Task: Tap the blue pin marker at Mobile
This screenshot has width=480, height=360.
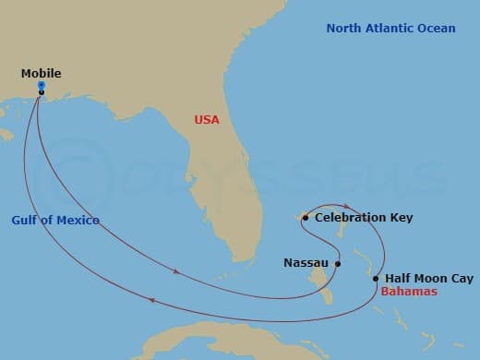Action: click(x=42, y=85)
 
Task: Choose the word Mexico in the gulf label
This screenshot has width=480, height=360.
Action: click(x=78, y=220)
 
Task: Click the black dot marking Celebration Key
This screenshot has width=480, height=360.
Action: click(x=306, y=218)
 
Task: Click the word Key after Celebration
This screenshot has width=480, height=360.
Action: click(x=402, y=218)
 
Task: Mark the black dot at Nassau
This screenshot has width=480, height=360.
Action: click(x=338, y=263)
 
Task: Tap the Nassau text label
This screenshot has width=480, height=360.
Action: click(x=305, y=263)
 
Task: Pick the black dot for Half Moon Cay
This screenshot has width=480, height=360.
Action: click(x=376, y=278)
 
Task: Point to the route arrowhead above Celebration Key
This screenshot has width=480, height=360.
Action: click(x=345, y=206)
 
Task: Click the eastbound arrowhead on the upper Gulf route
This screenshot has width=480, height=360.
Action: click(x=177, y=271)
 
